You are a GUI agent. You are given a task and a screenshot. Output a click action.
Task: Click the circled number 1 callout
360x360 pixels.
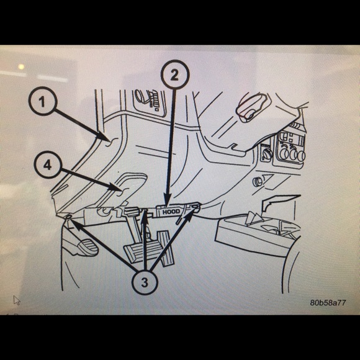click(x=43, y=101)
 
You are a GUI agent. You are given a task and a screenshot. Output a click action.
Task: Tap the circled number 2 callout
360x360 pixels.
click(x=174, y=74)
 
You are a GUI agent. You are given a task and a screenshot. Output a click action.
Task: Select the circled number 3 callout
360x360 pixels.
click(x=145, y=282)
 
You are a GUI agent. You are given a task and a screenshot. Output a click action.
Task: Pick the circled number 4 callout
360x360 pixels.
click(x=48, y=164)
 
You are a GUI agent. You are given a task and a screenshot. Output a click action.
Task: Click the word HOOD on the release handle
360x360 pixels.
click(x=171, y=212)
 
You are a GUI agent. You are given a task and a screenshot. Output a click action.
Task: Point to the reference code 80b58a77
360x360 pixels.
click(x=328, y=303)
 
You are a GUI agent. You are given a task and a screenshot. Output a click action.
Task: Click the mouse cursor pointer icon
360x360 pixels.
click(x=17, y=300)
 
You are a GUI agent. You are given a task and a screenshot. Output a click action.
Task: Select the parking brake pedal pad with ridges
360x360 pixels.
click(x=88, y=247)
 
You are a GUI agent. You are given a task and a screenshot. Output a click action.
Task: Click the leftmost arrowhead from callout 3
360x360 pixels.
click(x=74, y=223)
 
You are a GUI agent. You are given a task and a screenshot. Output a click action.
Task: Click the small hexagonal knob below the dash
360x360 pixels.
click(x=257, y=182)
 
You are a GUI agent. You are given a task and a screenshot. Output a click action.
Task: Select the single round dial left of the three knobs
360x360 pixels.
click(x=268, y=154)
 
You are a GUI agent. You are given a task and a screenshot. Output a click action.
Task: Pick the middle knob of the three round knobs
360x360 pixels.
click(x=294, y=155)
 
